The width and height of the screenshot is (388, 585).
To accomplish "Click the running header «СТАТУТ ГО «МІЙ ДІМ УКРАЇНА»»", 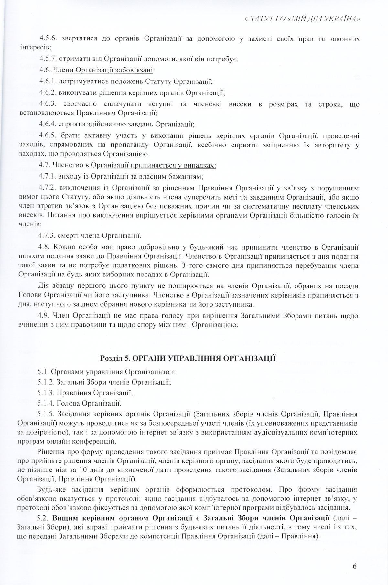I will [x=303, y=19].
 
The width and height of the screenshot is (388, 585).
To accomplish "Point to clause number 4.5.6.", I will [x=48, y=39].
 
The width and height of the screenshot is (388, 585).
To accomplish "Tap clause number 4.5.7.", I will [x=48, y=59].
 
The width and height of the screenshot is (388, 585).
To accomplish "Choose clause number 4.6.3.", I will [x=48, y=104].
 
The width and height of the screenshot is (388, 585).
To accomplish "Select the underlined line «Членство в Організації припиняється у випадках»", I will [x=127, y=165].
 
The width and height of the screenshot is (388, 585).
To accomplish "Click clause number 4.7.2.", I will [x=48, y=188].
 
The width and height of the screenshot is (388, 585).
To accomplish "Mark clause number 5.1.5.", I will [x=48, y=413].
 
